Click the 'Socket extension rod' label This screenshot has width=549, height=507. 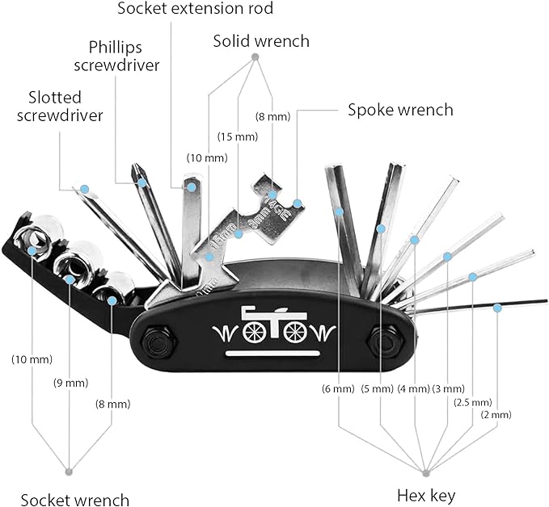195,8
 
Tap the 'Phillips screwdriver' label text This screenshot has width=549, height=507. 116,57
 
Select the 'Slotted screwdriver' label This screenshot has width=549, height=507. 60,107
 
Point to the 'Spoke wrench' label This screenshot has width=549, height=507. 400,110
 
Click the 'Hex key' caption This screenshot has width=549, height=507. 426,496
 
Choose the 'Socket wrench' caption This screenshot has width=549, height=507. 75,500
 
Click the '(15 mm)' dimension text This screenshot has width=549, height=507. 238,136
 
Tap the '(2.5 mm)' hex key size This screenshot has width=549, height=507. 473,403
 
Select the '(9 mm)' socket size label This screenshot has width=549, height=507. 70,383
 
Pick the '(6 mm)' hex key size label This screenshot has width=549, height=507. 338,388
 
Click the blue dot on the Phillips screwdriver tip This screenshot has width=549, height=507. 141,182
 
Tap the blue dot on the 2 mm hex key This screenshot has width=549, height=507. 497,308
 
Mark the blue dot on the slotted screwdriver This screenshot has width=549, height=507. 84,189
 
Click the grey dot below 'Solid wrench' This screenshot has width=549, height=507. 255,57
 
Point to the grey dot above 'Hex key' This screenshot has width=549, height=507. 426,473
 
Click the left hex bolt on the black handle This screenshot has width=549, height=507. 158,341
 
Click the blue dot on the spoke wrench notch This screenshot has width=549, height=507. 298,203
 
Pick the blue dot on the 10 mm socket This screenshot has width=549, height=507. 32,250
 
